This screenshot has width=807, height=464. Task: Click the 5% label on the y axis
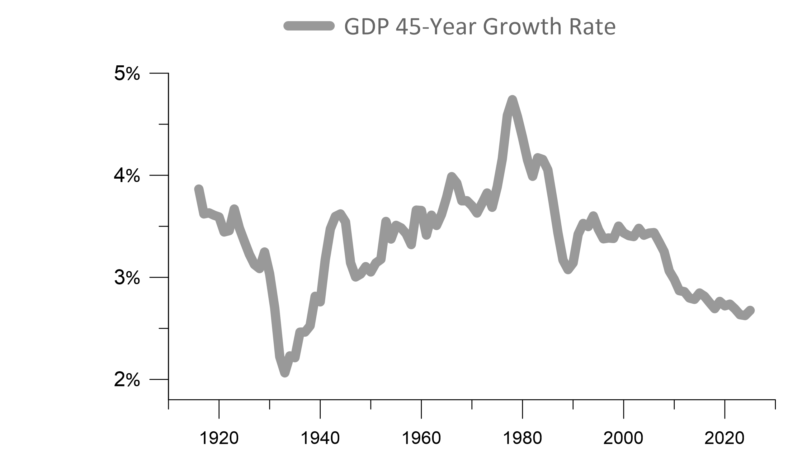click(x=127, y=74)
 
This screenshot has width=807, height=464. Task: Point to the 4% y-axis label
click(x=127, y=176)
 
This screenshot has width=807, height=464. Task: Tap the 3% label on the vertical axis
click(x=127, y=278)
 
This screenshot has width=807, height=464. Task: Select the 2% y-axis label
click(x=127, y=380)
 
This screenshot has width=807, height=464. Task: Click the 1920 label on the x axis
click(x=219, y=438)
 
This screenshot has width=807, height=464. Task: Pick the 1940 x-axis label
click(x=320, y=438)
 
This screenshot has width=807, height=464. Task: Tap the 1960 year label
click(x=421, y=438)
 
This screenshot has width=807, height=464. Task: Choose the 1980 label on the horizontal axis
click(x=522, y=438)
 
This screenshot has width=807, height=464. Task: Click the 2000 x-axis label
click(x=623, y=438)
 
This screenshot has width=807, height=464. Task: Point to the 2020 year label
click(x=724, y=438)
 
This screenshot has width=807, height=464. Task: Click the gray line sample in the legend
click(x=309, y=26)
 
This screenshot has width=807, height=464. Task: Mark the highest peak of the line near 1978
click(x=512, y=100)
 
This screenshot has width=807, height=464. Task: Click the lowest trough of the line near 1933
click(x=285, y=373)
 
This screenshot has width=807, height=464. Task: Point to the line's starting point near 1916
click(x=199, y=189)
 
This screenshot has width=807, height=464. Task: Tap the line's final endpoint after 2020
click(x=750, y=310)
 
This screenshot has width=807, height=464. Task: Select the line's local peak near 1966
click(x=451, y=176)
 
